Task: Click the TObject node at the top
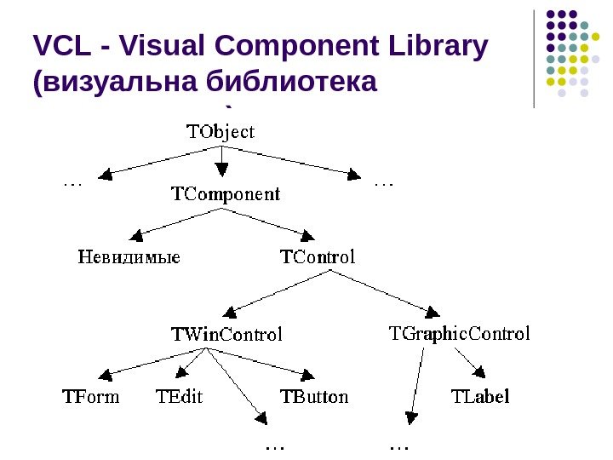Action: [x=221, y=132]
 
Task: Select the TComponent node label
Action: [x=226, y=194]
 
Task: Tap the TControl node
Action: [x=318, y=256]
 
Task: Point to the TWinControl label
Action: [x=226, y=334]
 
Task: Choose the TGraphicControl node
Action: [x=459, y=333]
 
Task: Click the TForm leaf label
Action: [x=91, y=396]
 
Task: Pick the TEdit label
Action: [x=180, y=396]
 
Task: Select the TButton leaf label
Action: [x=314, y=396]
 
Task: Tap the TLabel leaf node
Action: [x=479, y=396]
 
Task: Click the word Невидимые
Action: [x=129, y=256]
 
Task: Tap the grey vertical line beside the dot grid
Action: [x=534, y=60]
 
